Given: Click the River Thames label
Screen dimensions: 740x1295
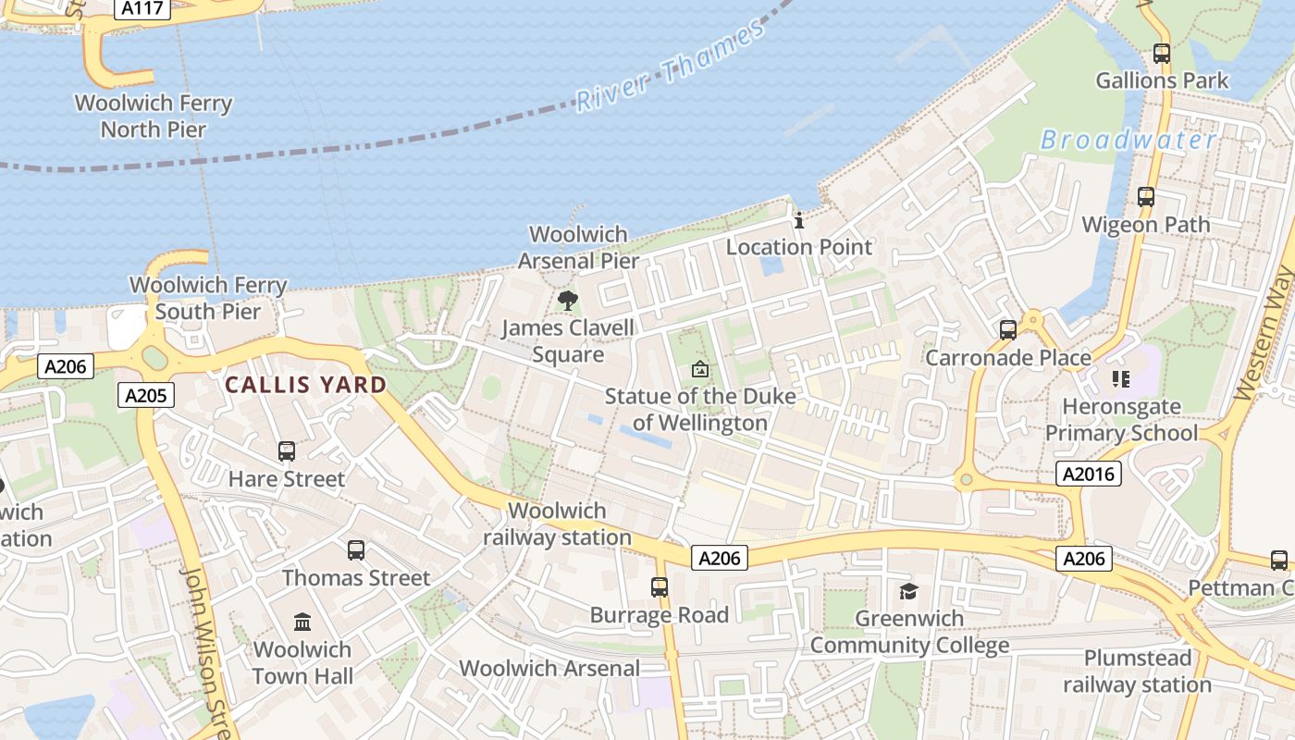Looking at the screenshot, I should pos(671,67).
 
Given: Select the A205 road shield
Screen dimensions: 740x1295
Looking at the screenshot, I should pos(146,396).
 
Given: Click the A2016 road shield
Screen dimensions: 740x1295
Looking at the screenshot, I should pos(1089,475).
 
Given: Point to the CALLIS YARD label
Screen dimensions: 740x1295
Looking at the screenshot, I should pos(306,385).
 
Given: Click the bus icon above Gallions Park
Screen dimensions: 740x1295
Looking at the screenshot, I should pos(1162,54).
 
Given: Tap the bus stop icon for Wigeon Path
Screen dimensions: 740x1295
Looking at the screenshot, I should pos(1146,197).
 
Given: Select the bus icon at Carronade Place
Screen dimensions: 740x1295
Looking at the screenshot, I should pos(1008,329).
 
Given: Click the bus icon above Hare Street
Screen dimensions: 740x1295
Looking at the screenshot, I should pos(287,451).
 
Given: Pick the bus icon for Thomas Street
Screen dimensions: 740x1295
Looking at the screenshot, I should pos(356,550).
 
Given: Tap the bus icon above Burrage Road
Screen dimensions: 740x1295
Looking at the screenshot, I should pos(660,586).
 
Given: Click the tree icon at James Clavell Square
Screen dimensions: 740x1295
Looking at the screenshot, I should pos(568,300).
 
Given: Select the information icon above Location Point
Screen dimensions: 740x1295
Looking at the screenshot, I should pos(799,220).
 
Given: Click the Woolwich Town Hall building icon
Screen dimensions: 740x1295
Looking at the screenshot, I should pos(302,622).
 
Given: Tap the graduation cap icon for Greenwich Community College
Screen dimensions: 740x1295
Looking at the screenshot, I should pos(908,591).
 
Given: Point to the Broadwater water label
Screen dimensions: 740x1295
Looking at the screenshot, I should pos(1128,140).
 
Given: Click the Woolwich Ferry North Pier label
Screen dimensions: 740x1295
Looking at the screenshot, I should pos(154,116).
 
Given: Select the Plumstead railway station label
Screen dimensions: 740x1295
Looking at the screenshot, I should pos(1137,672).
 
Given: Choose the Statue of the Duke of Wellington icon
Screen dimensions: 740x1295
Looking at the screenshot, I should pos(700,369).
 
